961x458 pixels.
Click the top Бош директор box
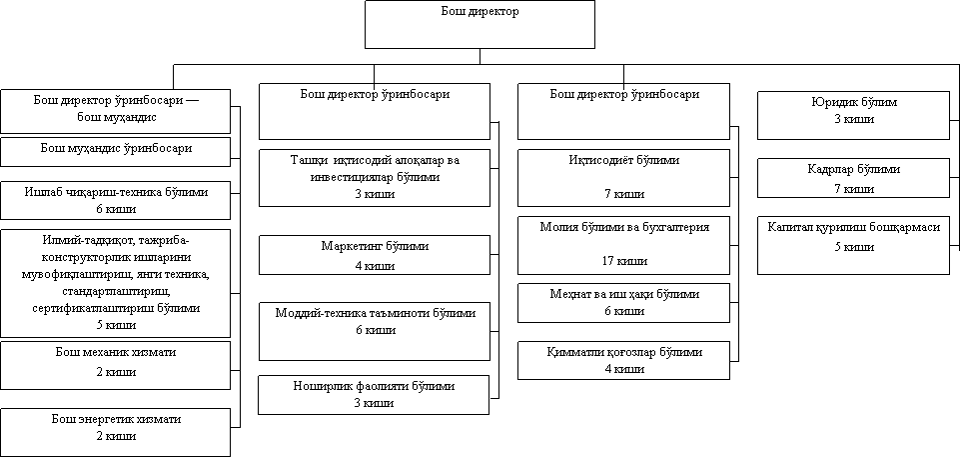click(x=480, y=24)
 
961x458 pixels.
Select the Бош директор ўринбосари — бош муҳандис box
click(x=115, y=111)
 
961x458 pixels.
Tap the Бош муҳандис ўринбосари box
click(x=115, y=151)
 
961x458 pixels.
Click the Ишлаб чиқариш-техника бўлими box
click(x=115, y=200)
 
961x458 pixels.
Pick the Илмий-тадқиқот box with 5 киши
click(x=115, y=283)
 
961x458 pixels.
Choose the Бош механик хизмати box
click(x=115, y=363)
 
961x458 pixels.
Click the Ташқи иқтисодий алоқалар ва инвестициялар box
click(x=375, y=177)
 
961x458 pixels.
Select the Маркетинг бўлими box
click(x=375, y=255)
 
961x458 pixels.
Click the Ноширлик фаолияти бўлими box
click(x=375, y=394)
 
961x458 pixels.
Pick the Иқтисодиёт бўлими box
click(x=624, y=177)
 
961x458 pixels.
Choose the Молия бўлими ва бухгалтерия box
click(x=624, y=244)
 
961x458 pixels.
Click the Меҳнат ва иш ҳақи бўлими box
click(x=624, y=302)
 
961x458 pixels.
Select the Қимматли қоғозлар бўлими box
click(x=624, y=360)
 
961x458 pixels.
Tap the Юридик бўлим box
click(x=853, y=114)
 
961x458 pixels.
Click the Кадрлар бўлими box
click(x=853, y=178)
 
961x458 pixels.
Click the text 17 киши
click(x=624, y=261)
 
